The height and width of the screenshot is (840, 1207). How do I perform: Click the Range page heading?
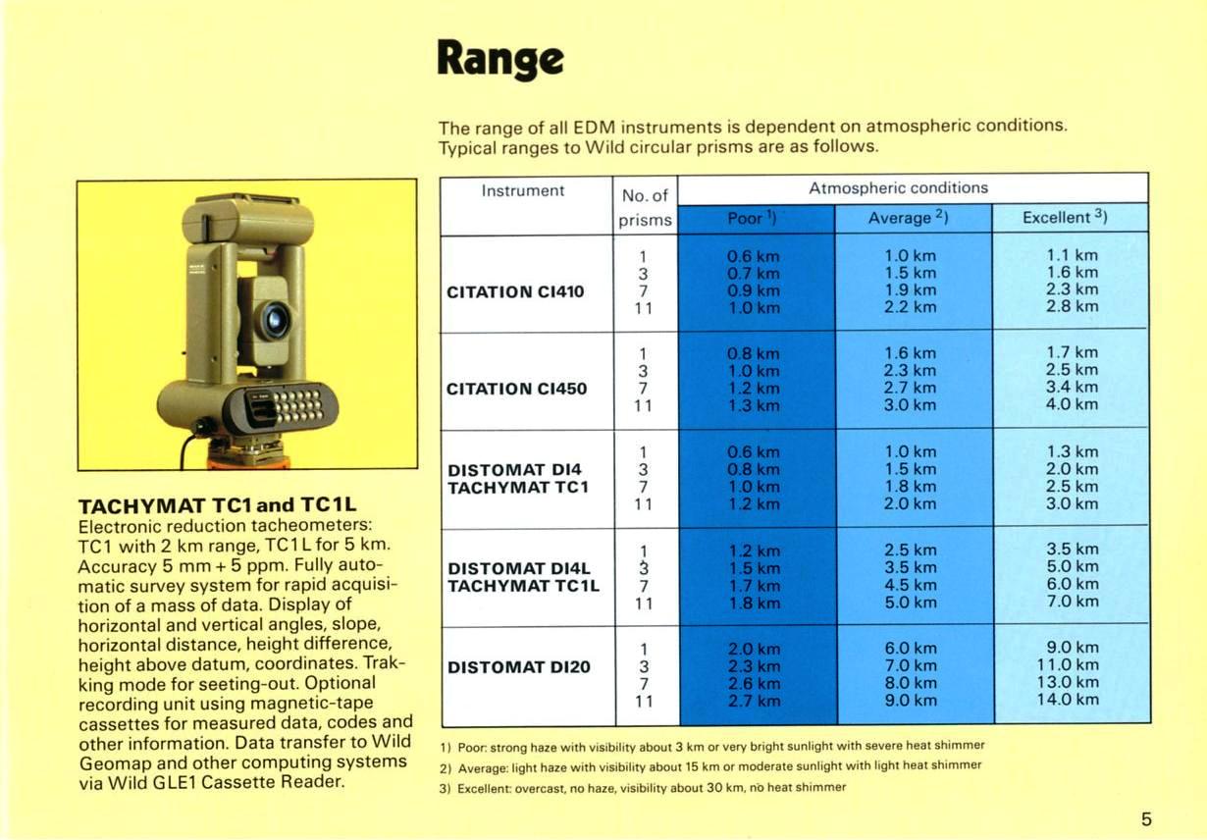500,60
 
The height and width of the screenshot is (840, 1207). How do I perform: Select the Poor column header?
752,218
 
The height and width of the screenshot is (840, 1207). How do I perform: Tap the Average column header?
908,217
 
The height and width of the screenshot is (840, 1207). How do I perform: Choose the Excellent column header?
1065,217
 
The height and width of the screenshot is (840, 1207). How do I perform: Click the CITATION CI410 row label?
515,291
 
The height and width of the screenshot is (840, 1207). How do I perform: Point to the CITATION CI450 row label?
516,389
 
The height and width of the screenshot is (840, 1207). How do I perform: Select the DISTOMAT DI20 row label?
519,667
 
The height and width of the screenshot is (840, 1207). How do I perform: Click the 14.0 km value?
1068,700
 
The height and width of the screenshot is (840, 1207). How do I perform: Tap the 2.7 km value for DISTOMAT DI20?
754,701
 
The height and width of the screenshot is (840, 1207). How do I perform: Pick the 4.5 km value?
910,585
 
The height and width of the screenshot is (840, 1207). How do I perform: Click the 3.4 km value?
1072,387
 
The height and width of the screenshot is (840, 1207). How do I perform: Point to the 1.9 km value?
910,289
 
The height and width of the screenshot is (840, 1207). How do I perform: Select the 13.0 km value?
1068,682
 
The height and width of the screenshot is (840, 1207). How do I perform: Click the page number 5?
1146,819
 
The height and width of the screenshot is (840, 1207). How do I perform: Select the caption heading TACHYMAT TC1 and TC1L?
217,505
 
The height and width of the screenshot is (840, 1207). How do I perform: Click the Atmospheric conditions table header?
898,187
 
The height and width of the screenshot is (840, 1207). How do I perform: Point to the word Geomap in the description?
116,763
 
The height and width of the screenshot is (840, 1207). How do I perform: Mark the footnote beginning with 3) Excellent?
643,788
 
